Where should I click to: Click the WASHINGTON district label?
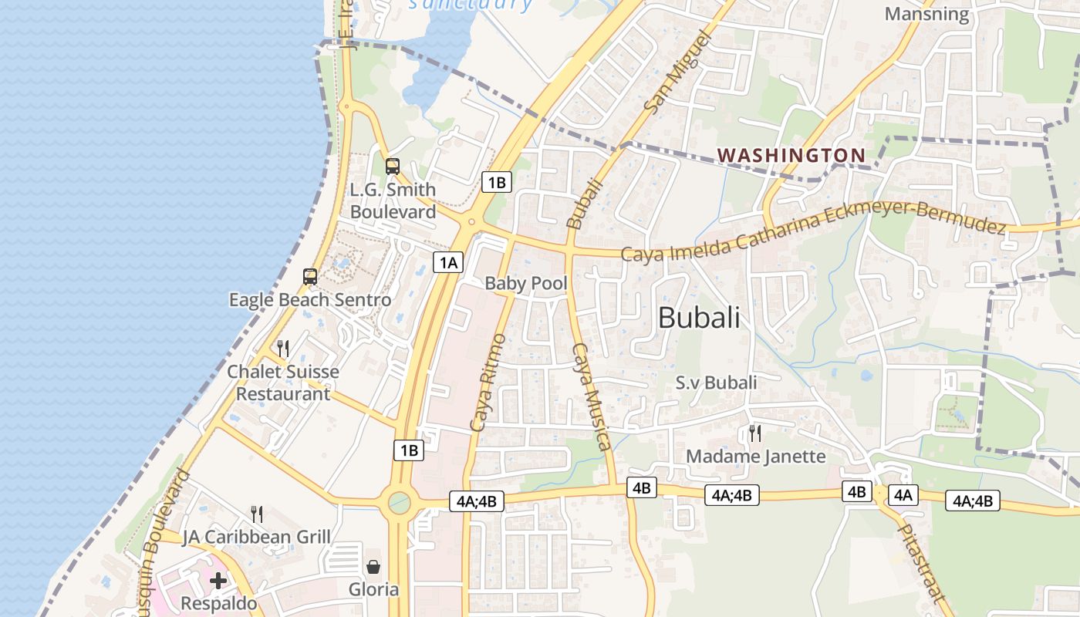pos(791,155)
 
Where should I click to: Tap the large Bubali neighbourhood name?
pos(699,317)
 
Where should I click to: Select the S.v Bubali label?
pos(716,382)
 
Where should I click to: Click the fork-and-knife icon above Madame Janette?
pos(755,433)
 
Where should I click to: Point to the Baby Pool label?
pos(525,283)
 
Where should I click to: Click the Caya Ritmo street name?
pos(488,383)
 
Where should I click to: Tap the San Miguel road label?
pos(673,73)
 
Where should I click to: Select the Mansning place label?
pos(926,14)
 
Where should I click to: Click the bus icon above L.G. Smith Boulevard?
pos(393,166)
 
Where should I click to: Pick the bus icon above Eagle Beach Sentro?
pos(310,277)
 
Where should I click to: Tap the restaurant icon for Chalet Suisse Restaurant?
pos(283,349)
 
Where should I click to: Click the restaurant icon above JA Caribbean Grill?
pos(257,514)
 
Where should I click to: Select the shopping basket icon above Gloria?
pos(373,567)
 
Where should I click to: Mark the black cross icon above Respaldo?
pos(218,580)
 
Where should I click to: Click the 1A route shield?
pos(448,262)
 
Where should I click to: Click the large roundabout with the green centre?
pos(399,503)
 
